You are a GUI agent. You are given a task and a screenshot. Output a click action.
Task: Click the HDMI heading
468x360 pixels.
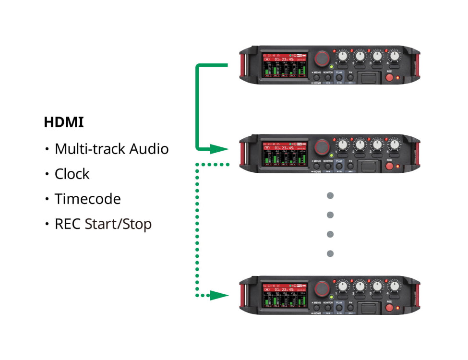tap(64, 122)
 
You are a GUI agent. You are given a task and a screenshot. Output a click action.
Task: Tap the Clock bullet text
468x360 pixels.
tap(72, 174)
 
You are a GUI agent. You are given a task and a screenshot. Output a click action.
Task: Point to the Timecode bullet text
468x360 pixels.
tap(87, 199)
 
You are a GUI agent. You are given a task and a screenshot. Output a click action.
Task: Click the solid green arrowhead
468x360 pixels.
tap(220, 149)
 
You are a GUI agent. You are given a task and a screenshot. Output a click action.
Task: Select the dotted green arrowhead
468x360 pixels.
tap(220, 295)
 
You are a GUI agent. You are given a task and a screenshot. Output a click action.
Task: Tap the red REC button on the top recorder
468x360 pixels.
tap(389, 78)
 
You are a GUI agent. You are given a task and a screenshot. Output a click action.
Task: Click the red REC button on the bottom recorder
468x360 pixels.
tap(389, 308)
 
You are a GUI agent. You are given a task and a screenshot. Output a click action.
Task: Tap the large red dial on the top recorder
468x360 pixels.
tap(323, 58)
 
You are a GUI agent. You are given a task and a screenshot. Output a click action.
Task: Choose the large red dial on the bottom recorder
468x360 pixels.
tap(323, 288)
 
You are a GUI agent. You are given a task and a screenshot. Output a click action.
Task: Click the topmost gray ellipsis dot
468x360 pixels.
tap(330, 195)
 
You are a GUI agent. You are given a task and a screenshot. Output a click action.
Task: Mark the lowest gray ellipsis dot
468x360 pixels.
tap(330, 253)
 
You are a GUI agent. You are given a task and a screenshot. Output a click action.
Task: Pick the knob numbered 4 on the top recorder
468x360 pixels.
tap(395, 56)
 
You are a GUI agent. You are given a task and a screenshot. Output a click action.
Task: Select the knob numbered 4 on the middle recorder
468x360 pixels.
tap(395, 144)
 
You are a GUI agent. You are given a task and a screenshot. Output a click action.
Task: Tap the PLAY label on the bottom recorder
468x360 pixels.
tap(339, 303)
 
